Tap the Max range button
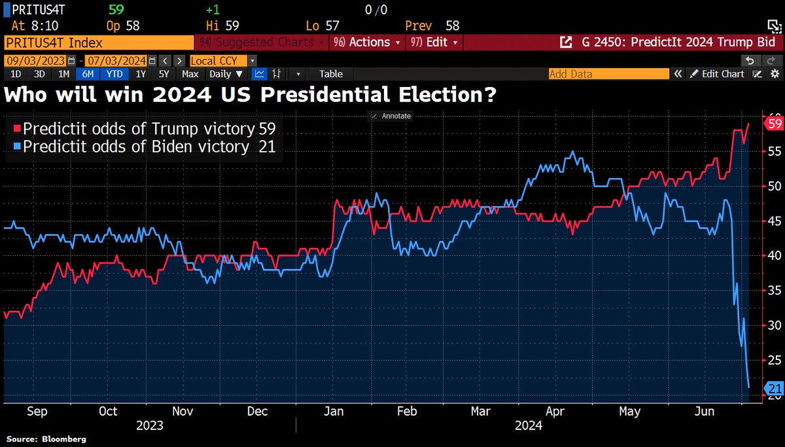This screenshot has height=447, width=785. tap(190, 74)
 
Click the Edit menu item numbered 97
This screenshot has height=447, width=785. tap(434, 43)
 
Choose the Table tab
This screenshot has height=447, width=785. tap(330, 74)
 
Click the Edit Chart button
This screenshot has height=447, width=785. tap(718, 74)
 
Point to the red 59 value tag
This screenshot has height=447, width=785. tap(774, 124)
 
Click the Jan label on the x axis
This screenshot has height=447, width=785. tap(334, 411)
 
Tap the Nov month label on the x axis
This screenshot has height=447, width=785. tap(183, 411)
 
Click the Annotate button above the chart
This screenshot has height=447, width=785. tap(391, 116)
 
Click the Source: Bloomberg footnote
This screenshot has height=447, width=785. tap(46, 438)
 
